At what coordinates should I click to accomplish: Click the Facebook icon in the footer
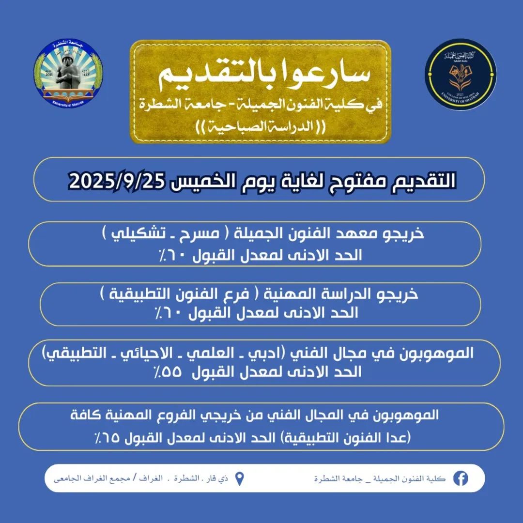coord(460,478)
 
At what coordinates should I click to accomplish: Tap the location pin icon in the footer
coord(239,479)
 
